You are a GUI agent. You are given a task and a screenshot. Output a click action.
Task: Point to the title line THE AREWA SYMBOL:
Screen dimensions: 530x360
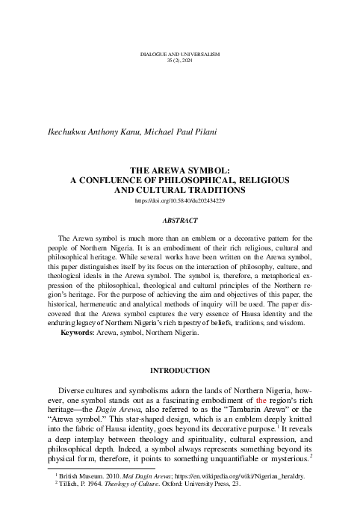click(180, 170)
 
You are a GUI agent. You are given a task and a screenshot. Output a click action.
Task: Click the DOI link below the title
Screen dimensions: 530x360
click(180, 202)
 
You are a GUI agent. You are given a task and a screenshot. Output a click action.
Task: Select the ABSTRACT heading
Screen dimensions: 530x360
click(180, 222)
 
